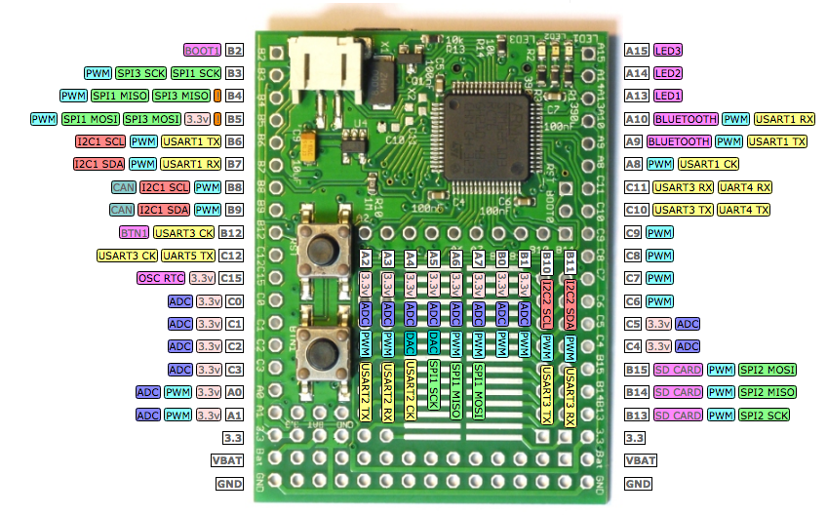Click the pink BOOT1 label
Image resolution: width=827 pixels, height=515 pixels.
202,50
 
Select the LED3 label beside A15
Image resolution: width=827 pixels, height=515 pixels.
668,50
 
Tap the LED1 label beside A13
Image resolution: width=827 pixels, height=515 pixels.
668,96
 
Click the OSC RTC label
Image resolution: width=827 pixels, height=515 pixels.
160,278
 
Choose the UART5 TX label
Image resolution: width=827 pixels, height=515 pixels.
189,256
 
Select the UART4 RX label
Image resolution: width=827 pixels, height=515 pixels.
749,186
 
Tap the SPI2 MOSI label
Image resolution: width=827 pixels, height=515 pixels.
768,370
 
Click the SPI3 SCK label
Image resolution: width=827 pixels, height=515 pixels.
140,73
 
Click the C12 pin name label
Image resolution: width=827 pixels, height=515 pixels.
232,256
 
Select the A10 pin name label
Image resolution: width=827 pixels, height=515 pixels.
637,119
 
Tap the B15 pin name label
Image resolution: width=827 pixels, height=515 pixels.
637,370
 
